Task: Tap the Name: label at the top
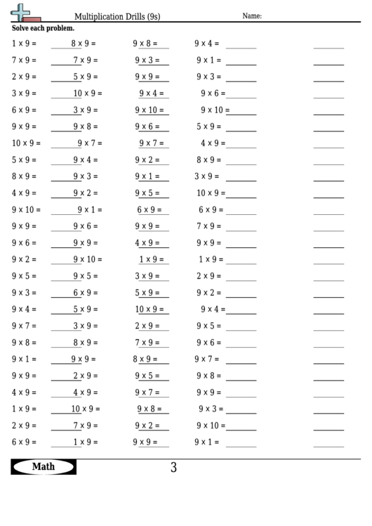point(252,15)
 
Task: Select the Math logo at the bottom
point(43,467)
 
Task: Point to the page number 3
point(173,468)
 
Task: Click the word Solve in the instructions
point(21,28)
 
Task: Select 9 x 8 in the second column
point(85,126)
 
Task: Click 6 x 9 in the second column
point(85,293)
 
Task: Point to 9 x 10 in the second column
point(86,260)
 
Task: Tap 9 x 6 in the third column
point(147,126)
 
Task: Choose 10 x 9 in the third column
point(149,310)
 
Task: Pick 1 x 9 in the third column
point(150,260)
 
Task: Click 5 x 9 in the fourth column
point(208,126)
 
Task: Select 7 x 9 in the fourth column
point(208,226)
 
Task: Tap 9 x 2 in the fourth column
point(208,293)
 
